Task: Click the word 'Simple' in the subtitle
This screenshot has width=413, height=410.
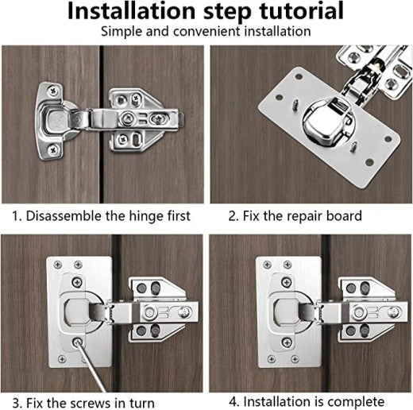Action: [x=122, y=33]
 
